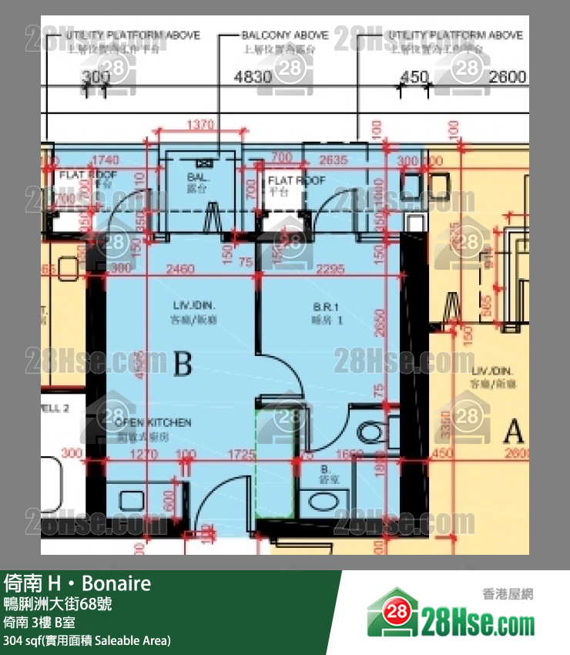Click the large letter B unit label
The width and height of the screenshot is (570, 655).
(183, 363)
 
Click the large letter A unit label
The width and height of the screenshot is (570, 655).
(513, 430)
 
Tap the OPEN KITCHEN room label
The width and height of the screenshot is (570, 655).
(153, 423)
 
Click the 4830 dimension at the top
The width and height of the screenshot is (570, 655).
(253, 77)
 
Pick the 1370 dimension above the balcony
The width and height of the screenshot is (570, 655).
(199, 124)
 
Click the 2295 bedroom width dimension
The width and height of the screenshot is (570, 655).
(329, 269)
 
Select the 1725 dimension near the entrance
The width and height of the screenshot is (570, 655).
(242, 455)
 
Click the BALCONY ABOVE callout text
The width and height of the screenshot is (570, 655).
(284, 35)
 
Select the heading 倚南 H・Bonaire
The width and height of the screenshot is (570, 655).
(77, 583)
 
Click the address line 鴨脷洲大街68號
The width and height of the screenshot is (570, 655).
(58, 603)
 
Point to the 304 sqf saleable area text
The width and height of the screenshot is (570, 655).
(86, 640)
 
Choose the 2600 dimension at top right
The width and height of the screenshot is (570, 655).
(508, 77)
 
